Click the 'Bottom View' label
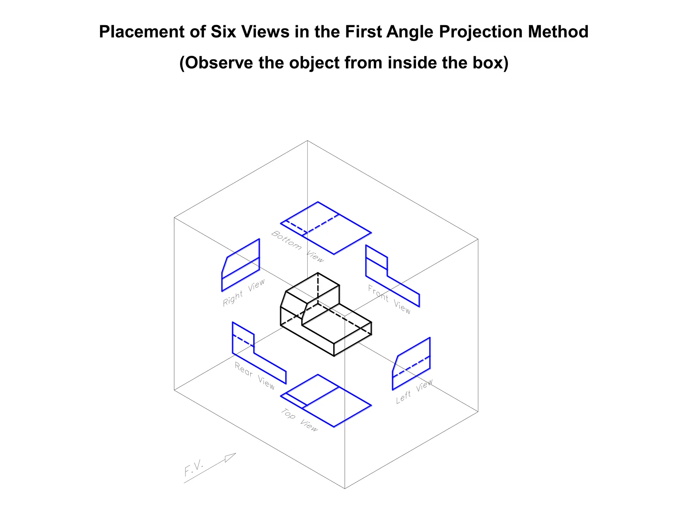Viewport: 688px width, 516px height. pos(297,246)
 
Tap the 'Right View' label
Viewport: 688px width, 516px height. pos(244,292)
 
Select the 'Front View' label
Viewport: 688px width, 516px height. pos(389,299)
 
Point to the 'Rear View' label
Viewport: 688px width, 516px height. pos(255,376)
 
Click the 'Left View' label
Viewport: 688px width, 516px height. pos(414,392)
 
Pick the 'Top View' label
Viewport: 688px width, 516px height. pos(299,420)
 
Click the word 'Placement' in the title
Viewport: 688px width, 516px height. pos(141,32)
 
